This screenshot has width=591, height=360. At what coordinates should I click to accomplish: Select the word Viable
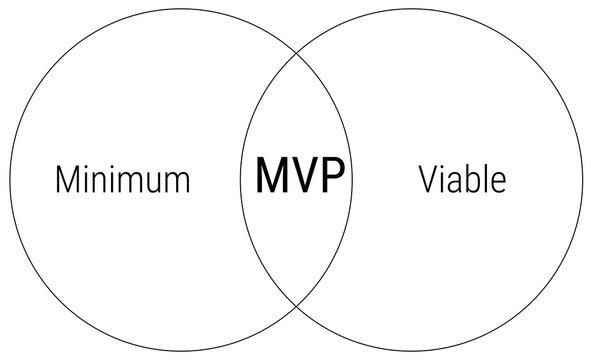pos(462,180)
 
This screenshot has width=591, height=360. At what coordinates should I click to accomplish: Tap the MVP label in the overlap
pos(299,176)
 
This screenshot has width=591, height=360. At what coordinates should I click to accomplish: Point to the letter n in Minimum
pos(102,183)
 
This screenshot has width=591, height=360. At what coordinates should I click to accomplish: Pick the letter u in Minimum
pos(148,183)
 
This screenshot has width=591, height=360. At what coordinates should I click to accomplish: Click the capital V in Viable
pos(427,180)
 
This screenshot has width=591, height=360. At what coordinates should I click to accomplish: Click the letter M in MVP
pos(272,176)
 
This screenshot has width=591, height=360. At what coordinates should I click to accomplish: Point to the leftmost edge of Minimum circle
pos(9,180)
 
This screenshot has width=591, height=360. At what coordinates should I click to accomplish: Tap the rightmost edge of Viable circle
pos(582,180)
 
